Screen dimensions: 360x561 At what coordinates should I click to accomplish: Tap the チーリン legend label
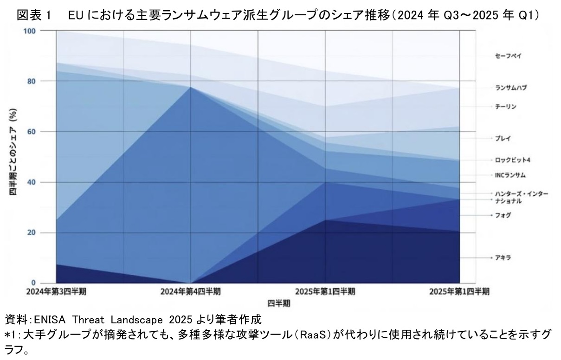pyautogui.click(x=505, y=107)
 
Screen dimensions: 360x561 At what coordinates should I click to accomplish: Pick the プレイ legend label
pyautogui.click(x=503, y=138)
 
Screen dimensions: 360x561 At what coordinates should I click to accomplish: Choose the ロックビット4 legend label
pyautogui.click(x=512, y=160)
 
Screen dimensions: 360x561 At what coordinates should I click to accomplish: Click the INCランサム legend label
pyautogui.click(x=510, y=175)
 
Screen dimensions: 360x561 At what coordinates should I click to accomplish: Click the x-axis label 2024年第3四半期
pyautogui.click(x=56, y=292)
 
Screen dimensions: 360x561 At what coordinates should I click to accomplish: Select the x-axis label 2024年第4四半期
pyautogui.click(x=190, y=292)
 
